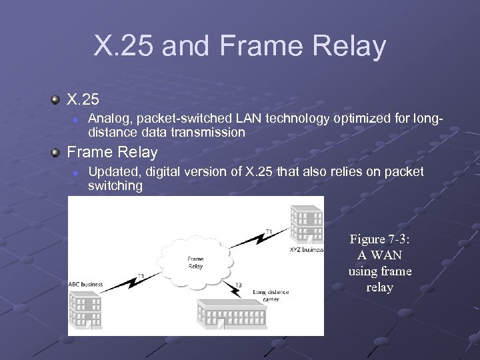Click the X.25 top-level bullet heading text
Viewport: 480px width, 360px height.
pos(83,100)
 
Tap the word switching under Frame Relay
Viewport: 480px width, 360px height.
pos(115,186)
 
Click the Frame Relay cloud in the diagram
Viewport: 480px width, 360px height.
pos(195,261)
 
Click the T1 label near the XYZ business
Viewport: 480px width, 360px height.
pos(269,231)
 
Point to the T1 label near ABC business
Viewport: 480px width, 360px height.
pos(141,275)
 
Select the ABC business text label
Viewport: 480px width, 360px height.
pos(86,284)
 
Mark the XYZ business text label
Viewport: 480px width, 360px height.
pos(306,249)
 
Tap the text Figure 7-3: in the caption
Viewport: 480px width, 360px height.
pos(380,239)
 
